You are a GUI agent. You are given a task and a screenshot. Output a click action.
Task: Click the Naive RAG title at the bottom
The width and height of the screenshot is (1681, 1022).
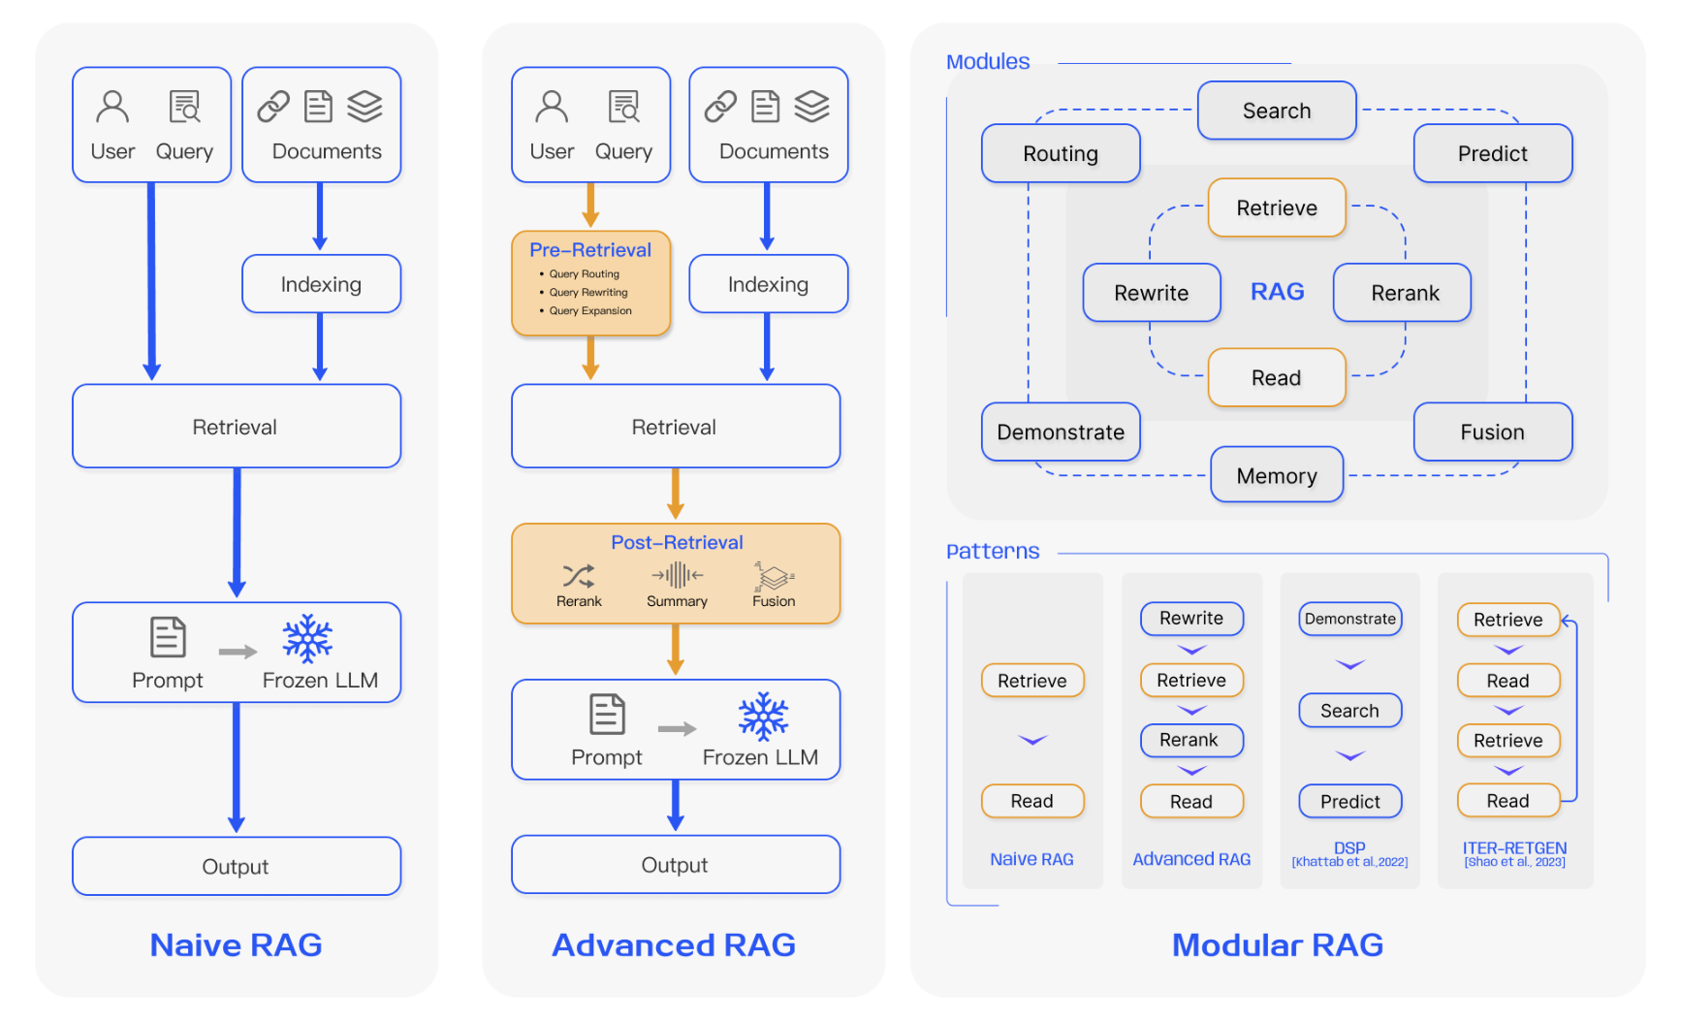[236, 944]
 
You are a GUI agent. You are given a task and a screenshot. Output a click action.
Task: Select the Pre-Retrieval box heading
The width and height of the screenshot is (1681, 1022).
[590, 250]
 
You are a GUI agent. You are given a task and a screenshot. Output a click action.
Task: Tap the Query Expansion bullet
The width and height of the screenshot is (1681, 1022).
[589, 311]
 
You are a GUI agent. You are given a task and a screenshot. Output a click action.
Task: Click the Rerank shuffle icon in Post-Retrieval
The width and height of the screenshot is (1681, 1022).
[579, 576]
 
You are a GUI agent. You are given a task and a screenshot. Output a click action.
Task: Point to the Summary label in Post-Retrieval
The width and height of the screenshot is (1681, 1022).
[677, 601]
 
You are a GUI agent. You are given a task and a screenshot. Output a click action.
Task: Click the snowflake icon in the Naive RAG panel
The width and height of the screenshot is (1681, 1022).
[307, 639]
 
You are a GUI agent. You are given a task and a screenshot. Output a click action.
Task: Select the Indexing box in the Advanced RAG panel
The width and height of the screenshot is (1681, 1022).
[768, 284]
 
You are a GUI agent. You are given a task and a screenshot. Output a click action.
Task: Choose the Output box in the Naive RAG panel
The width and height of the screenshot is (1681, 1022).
[236, 866]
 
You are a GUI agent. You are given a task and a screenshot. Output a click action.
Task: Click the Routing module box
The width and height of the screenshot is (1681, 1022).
[1061, 153]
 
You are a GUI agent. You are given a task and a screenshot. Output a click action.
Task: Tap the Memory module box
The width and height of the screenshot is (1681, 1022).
[1277, 475]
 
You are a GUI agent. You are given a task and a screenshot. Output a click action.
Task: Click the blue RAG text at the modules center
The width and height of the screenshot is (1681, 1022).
[1277, 292]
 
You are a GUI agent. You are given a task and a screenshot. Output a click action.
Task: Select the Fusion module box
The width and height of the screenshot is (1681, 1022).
[1492, 432]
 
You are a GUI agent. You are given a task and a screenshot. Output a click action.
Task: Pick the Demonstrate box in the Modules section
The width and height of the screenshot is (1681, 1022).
[1061, 432]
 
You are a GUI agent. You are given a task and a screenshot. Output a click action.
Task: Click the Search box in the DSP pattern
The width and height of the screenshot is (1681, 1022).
[1349, 711]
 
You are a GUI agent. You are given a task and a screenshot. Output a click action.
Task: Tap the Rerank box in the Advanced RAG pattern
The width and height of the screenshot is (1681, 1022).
[1190, 740]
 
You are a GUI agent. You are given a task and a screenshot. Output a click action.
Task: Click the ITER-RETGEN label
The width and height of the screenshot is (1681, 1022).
[1514, 847]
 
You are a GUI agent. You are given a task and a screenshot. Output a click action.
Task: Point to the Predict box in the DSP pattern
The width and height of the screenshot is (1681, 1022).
[1349, 802]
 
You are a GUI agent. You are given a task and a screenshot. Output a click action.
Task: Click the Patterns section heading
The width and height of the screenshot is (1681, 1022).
[993, 552]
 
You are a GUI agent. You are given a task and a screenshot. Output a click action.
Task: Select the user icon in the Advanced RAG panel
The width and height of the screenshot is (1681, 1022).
[552, 107]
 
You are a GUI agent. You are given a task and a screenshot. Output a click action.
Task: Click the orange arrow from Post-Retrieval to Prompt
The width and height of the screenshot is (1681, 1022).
[676, 650]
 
